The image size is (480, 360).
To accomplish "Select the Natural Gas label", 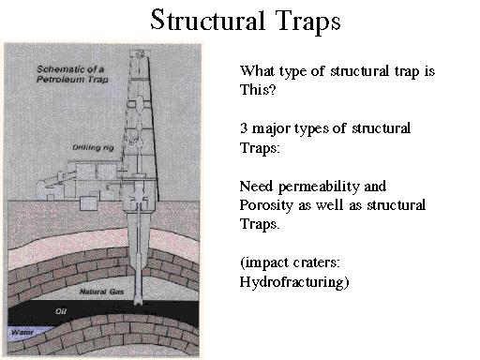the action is (x=104, y=268).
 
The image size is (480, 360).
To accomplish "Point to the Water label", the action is (x=22, y=331).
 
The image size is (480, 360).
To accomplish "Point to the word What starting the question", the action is (x=257, y=70).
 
